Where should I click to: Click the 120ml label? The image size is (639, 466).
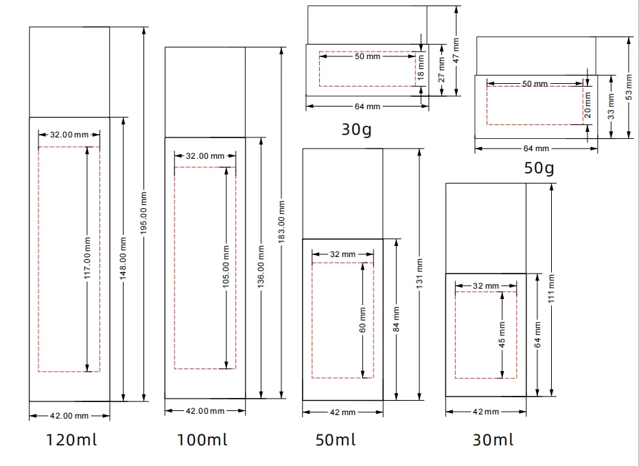click(x=71, y=440)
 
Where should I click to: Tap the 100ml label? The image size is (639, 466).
click(x=202, y=440)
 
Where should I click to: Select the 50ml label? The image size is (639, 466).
click(x=336, y=440)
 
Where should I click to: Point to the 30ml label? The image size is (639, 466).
click(x=493, y=440)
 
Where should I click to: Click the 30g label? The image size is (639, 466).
click(x=357, y=130)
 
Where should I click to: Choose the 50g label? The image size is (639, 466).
click(x=539, y=168)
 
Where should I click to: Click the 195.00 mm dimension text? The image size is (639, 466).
click(x=144, y=213)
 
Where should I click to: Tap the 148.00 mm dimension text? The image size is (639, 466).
click(x=124, y=258)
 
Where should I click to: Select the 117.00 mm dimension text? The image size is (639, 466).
click(x=88, y=258)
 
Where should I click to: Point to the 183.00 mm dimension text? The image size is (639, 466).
click(x=281, y=222)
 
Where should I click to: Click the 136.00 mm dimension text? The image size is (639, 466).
click(x=262, y=267)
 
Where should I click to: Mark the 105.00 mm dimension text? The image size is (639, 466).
click(x=226, y=267)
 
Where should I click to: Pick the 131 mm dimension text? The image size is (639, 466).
click(x=420, y=274)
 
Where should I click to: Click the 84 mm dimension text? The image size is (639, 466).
click(x=396, y=319)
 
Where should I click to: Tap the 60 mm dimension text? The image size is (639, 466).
click(x=363, y=320)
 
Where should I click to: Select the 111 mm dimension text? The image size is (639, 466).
click(x=551, y=289)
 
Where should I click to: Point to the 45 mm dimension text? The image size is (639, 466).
click(x=502, y=335)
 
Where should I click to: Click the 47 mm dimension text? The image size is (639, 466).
click(x=456, y=50)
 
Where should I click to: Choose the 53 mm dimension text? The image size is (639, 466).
click(x=629, y=87)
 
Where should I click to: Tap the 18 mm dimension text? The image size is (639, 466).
click(x=421, y=67)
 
